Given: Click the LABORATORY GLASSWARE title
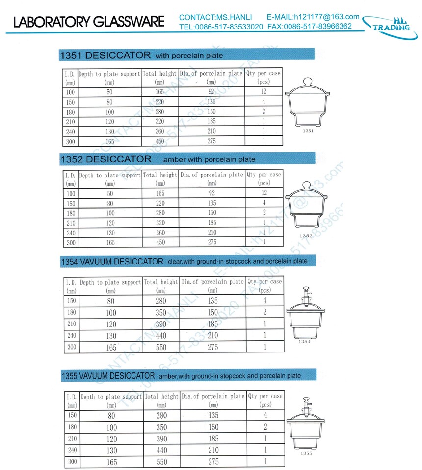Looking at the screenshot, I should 89,22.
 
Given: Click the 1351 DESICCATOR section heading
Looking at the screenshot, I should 140,54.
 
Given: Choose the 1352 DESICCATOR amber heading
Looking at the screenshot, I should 157,159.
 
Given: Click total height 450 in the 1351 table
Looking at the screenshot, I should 159,141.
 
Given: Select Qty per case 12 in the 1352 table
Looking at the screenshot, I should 264,193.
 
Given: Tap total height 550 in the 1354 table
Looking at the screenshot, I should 161,347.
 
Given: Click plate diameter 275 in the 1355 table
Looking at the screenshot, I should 212,462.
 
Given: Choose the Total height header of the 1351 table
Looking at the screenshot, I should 159,78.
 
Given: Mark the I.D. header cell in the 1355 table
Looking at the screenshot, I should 71,400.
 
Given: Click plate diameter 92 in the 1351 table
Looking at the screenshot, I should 211,92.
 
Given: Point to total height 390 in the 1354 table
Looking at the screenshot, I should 161,324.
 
